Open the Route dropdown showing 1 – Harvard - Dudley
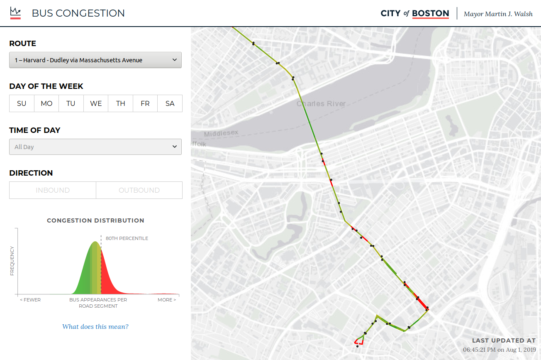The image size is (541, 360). click(95, 60)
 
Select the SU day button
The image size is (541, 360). click(22, 103)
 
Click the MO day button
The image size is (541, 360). click(46, 103)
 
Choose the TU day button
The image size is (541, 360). click(71, 103)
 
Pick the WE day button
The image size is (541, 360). click(96, 103)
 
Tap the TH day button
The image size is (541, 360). click(121, 103)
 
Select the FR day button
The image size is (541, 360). click(145, 103)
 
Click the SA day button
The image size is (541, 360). click(170, 103)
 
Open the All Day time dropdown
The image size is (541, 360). click(95, 147)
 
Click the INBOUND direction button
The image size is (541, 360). click(53, 190)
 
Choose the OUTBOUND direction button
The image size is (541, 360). click(139, 190)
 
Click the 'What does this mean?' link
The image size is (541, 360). click(95, 327)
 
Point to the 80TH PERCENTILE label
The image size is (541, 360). click(127, 238)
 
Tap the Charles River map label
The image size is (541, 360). click(321, 104)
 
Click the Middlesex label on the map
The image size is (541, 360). click(221, 134)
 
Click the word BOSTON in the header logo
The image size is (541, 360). click(430, 13)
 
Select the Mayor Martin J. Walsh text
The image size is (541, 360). click(498, 14)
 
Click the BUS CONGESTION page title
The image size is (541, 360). click(78, 13)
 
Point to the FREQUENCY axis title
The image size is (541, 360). click(12, 261)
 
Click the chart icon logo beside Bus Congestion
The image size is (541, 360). click(15, 12)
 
